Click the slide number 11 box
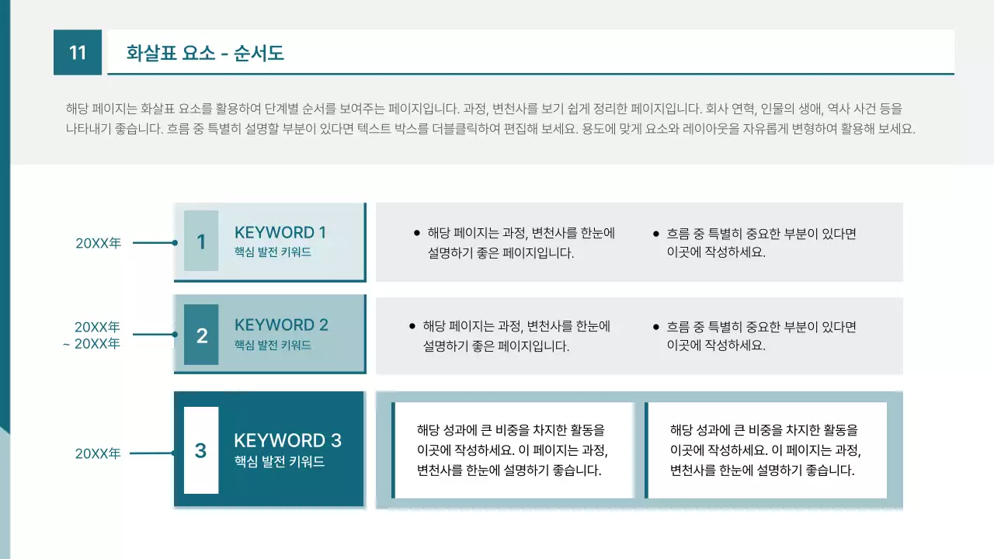coord(78,52)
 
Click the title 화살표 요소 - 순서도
coord(205,53)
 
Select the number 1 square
coord(201,241)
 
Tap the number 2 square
coord(201,335)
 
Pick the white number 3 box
coord(201,450)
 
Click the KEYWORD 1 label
coord(280,232)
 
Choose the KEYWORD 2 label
coord(281,325)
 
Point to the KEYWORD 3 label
coord(287,440)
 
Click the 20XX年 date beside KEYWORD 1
coord(98,243)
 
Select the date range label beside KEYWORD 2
coord(92,335)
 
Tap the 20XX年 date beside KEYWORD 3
coord(98,454)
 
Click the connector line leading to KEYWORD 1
coord(155,243)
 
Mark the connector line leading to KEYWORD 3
coord(152,453)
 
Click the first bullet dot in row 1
coord(417,233)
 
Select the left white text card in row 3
coord(513,450)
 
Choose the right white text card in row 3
coord(766,450)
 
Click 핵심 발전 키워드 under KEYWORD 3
coord(280,462)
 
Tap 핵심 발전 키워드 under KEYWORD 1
coord(273,252)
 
